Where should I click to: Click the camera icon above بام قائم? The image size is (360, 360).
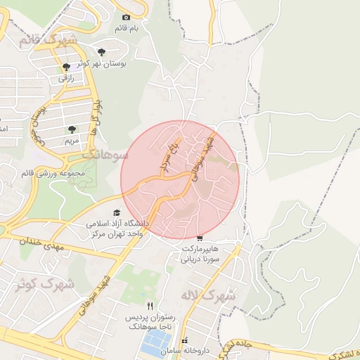pos(127,17)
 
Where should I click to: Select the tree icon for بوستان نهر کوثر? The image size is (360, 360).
pos(103,51)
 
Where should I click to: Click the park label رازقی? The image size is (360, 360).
pos(65,78)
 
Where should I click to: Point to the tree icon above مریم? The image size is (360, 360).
pos(72,129)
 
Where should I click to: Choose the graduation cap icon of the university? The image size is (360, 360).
pos(116,213)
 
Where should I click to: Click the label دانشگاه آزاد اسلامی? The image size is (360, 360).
pos(115,224)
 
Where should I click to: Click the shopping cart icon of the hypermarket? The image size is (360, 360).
pos(201,239)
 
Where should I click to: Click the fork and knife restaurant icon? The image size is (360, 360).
pos(149,307)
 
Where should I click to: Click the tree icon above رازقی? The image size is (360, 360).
pos(65,67)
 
